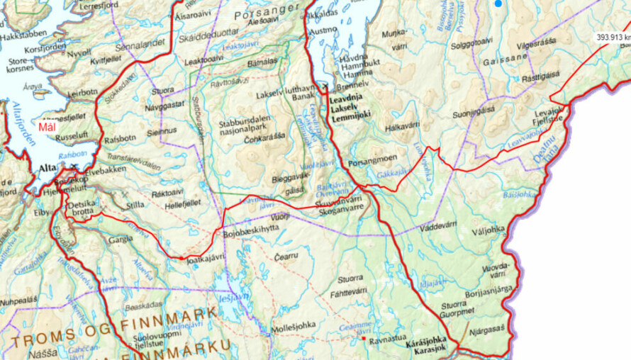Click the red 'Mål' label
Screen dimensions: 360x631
coord(47,128)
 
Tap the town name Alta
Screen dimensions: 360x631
coord(46,168)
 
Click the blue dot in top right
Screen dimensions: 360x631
coord(498,4)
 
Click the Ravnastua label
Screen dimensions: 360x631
coord(388,339)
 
